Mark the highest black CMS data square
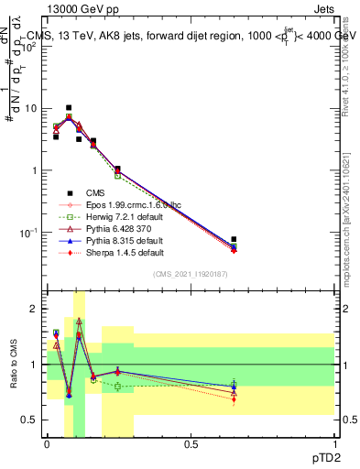(x=69, y=108)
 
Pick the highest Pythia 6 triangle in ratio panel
(x=79, y=322)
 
